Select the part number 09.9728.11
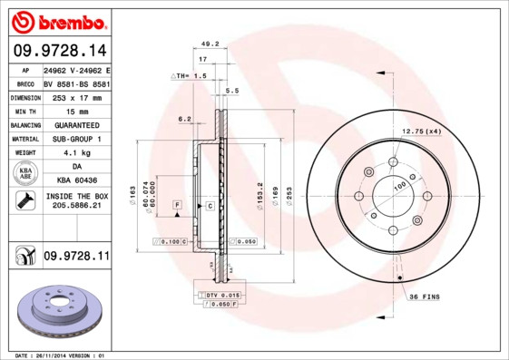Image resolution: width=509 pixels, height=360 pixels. click(x=76, y=257)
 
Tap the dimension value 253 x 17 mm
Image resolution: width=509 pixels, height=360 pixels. click(x=75, y=96)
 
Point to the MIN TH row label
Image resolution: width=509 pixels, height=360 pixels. click(x=23, y=110)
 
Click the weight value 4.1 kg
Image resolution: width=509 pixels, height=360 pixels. click(x=75, y=153)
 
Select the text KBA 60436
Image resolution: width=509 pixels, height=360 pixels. click(x=75, y=182)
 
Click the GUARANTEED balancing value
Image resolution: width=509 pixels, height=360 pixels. click(x=75, y=124)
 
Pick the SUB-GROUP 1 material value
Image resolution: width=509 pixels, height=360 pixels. click(x=75, y=139)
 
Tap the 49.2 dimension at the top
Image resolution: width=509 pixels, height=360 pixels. click(x=210, y=44)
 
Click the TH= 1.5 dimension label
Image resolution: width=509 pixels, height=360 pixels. click(x=191, y=76)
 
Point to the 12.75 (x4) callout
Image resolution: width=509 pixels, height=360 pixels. click(x=421, y=132)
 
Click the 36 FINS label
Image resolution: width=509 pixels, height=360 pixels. click(x=424, y=297)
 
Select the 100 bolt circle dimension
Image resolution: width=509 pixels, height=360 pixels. click(x=399, y=187)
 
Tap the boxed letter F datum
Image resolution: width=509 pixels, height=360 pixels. click(x=177, y=206)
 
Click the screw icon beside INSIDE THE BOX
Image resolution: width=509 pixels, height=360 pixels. click(x=23, y=201)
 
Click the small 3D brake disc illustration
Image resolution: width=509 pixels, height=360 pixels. click(x=59, y=311)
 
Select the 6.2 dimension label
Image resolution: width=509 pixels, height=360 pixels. click(x=184, y=119)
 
